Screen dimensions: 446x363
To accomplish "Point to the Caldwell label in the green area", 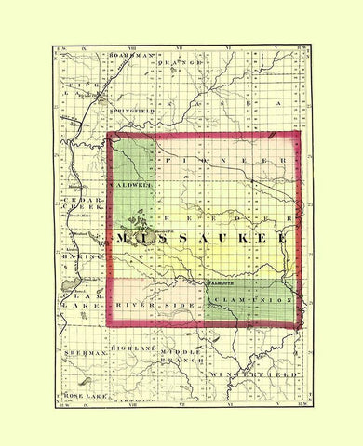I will (x=133, y=185).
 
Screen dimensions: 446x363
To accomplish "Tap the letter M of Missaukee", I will (x=126, y=241).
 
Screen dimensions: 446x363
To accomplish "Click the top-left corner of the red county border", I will (x=109, y=135).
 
